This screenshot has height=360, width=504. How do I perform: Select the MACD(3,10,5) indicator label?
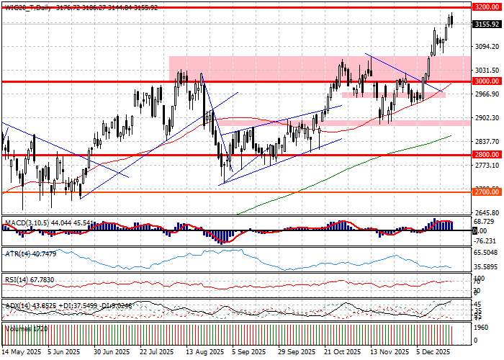24,203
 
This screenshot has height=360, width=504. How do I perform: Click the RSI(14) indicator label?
17,259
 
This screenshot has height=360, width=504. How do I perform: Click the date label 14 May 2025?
21,352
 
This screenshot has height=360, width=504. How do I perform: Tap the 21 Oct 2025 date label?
342,352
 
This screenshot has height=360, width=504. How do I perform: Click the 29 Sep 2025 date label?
297,352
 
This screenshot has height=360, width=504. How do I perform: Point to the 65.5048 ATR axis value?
486,233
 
